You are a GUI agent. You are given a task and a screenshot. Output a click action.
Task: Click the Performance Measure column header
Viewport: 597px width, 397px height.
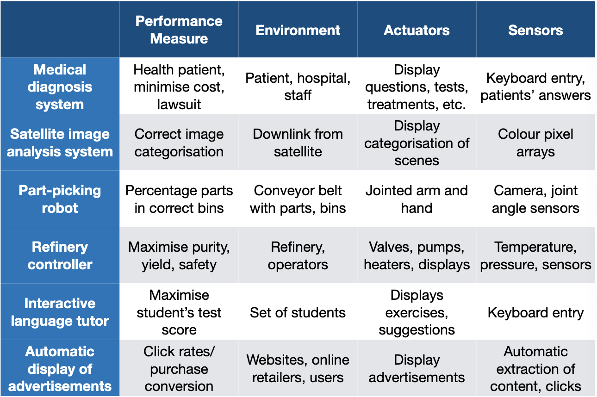click(x=179, y=30)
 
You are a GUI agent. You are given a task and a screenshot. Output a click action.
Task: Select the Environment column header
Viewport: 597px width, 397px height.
click(x=298, y=30)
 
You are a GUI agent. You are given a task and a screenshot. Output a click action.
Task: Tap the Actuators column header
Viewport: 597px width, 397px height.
click(x=417, y=30)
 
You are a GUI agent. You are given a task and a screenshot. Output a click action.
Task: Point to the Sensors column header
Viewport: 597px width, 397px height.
click(x=535, y=30)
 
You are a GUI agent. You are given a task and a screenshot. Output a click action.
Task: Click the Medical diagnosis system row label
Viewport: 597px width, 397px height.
click(x=60, y=87)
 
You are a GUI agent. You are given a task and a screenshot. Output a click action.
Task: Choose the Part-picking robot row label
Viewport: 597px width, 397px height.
click(x=60, y=199)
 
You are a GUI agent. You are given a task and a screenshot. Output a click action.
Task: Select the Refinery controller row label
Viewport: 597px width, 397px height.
click(x=60, y=255)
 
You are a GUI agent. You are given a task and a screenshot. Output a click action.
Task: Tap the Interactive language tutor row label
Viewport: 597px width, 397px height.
click(x=60, y=312)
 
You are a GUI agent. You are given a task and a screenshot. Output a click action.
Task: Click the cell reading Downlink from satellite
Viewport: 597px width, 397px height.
click(x=298, y=143)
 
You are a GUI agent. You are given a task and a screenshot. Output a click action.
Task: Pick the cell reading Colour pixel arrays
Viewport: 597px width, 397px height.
click(x=535, y=143)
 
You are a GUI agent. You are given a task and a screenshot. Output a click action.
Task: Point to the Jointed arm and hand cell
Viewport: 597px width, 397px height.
click(x=417, y=199)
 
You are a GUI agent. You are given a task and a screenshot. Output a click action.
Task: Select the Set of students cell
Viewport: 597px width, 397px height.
click(x=298, y=312)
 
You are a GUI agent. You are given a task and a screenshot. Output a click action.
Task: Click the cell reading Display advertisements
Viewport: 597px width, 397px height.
click(x=417, y=368)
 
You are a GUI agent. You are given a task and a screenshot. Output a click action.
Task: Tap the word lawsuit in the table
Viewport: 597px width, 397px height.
click(x=179, y=104)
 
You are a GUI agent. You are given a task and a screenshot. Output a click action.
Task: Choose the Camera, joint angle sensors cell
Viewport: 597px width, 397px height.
click(x=535, y=199)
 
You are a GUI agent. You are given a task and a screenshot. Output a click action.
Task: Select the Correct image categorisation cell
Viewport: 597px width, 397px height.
click(x=179, y=143)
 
